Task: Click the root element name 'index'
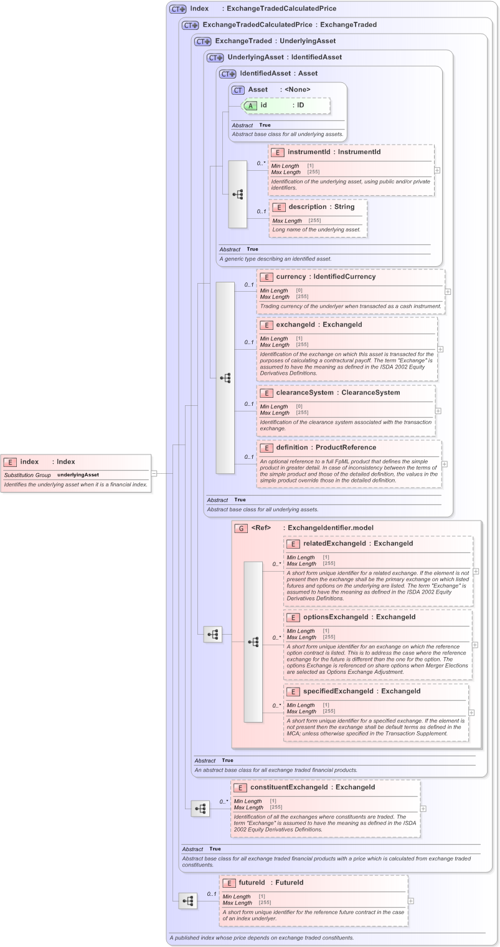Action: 29,462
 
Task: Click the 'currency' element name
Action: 291,277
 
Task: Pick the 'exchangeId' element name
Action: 296,325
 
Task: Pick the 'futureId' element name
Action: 252,883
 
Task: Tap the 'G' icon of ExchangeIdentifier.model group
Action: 241,528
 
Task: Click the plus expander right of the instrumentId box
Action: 437,170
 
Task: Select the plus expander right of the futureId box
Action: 411,900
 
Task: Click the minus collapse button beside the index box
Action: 154,473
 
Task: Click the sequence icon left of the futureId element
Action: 187,901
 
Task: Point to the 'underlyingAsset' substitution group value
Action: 78,475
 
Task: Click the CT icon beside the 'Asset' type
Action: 238,90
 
